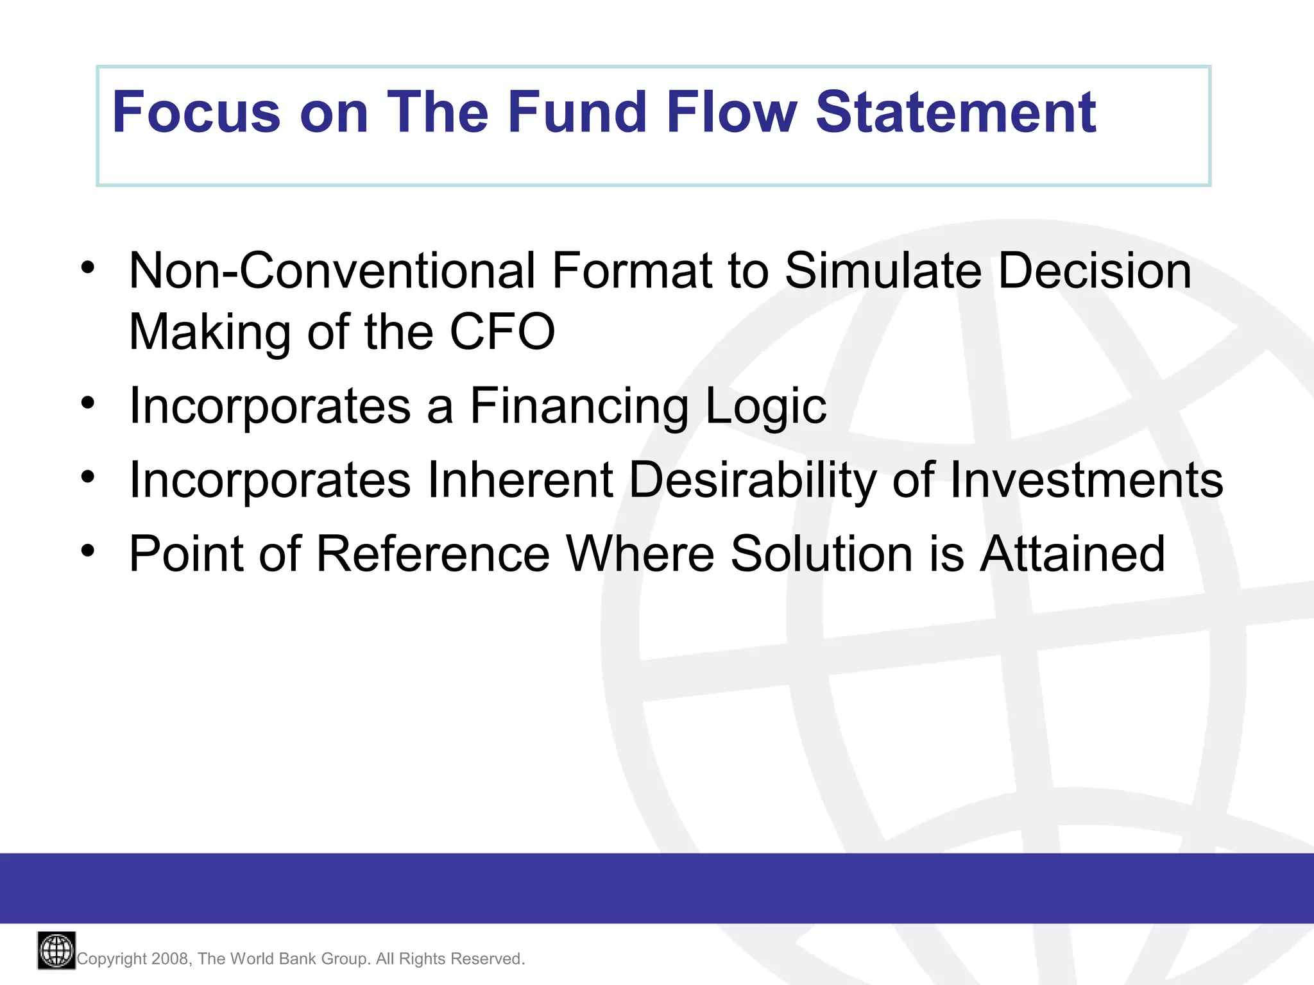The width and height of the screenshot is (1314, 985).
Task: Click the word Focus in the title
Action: coord(196,113)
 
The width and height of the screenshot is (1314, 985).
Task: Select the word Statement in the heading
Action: coord(956,113)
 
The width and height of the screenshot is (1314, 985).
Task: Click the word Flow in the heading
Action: coord(731,113)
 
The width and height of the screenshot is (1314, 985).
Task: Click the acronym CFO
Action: coord(502,332)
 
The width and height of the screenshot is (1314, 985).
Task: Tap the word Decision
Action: coord(1095,271)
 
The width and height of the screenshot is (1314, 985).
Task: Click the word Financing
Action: coord(579,407)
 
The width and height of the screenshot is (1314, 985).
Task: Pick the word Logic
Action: coord(765,407)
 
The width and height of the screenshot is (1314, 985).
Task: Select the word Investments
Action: coord(1086,480)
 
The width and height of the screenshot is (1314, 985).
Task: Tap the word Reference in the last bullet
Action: coord(433,554)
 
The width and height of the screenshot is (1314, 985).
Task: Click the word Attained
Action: coord(1072,554)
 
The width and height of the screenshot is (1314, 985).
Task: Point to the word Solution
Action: coord(822,554)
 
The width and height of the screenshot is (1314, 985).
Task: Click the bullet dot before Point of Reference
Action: coord(88,550)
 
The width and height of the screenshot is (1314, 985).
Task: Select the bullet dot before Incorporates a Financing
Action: coord(88,403)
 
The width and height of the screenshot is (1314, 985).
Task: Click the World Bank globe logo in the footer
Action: coord(56,950)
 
